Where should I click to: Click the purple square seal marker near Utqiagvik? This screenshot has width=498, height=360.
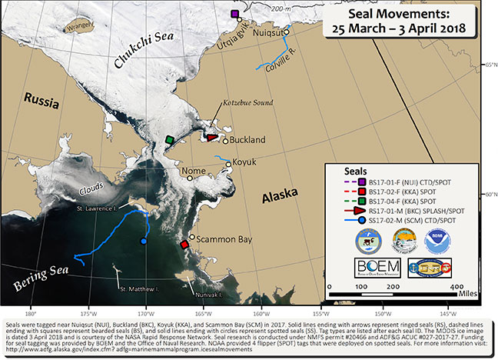pyautogui.click(x=235, y=15)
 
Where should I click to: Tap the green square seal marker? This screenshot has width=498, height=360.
pyautogui.click(x=169, y=140)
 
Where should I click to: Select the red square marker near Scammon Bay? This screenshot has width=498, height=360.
pyautogui.click(x=184, y=245)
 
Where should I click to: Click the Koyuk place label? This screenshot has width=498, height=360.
pyautogui.click(x=244, y=162)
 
